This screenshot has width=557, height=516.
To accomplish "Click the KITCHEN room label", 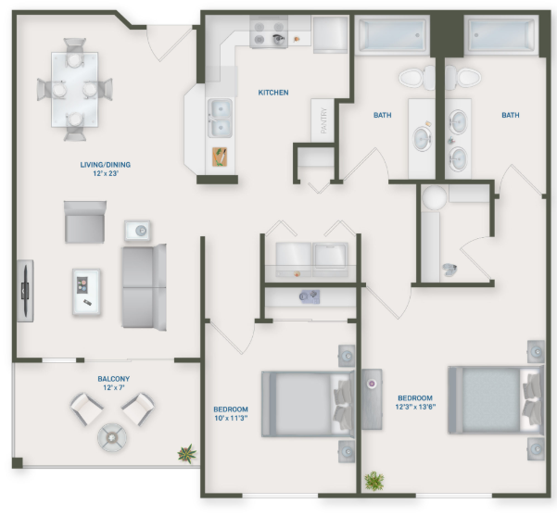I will pos(273,93).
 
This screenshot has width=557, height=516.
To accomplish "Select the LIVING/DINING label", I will pos(105,169).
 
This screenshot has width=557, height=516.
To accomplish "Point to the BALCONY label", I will pos(113,379).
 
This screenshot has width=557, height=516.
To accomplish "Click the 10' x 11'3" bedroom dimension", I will pos(232,418).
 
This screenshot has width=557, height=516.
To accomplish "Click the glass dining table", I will pos(74,89).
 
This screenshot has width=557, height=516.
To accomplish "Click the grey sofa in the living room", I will pos(144,279).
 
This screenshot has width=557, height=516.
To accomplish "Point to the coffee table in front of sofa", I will pos(86,292).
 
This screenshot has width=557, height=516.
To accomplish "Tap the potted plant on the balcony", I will pos(187,453).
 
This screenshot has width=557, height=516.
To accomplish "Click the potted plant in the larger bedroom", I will pos(374,481).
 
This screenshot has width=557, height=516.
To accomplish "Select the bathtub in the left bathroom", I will pos(391,37).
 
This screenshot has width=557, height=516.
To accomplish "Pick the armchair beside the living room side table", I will pos(85,220).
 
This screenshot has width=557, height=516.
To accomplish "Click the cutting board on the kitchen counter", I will pos(221,157).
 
